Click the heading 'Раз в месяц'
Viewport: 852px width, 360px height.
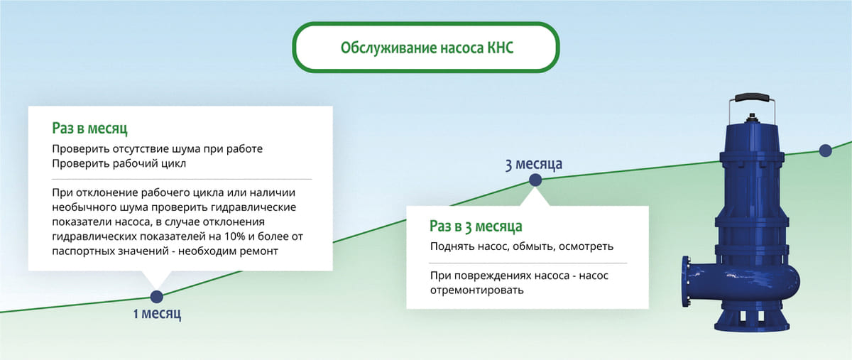pyautogui.click(x=89, y=129)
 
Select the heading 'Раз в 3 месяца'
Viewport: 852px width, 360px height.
pyautogui.click(x=476, y=227)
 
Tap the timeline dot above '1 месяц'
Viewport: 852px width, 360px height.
pyautogui.click(x=157, y=297)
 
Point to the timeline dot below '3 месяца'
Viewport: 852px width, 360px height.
pyautogui.click(x=535, y=181)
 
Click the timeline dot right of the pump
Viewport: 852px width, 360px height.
pyautogui.click(x=825, y=151)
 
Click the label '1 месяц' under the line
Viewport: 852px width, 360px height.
pyautogui.click(x=157, y=314)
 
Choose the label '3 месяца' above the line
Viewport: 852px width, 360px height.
pyautogui.click(x=533, y=165)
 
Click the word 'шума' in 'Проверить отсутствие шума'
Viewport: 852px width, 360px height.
pyautogui.click(x=187, y=149)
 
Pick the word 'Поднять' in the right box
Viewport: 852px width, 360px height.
pyautogui.click(x=452, y=246)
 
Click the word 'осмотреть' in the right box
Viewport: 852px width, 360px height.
pyautogui.click(x=586, y=246)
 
